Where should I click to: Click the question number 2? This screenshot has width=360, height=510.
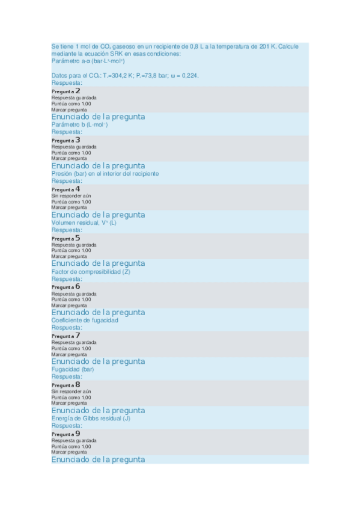tap(78, 91)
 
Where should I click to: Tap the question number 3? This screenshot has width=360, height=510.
tap(78, 140)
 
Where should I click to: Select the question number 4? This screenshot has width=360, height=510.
tap(78, 189)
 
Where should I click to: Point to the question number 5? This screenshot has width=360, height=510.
tap(78, 238)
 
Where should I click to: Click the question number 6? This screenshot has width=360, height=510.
tap(78, 287)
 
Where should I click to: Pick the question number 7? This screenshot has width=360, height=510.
tap(78, 336)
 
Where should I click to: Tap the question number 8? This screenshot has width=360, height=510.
tap(78, 385)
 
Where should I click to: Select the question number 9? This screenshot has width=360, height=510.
tap(78, 434)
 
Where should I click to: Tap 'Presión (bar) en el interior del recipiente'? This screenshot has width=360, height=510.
tap(105, 173)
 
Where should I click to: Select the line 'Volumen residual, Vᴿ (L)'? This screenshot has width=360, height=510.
tap(84, 223)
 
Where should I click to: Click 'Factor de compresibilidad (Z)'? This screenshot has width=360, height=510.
tap(91, 272)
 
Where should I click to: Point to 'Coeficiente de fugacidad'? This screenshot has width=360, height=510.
tap(85, 321)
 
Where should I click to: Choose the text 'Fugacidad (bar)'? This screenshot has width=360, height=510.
tap(73, 369)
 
